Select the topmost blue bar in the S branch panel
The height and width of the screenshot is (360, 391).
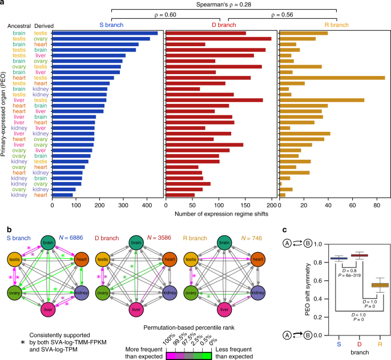(x=105, y=33)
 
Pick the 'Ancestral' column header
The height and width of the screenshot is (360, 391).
(x=19, y=26)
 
